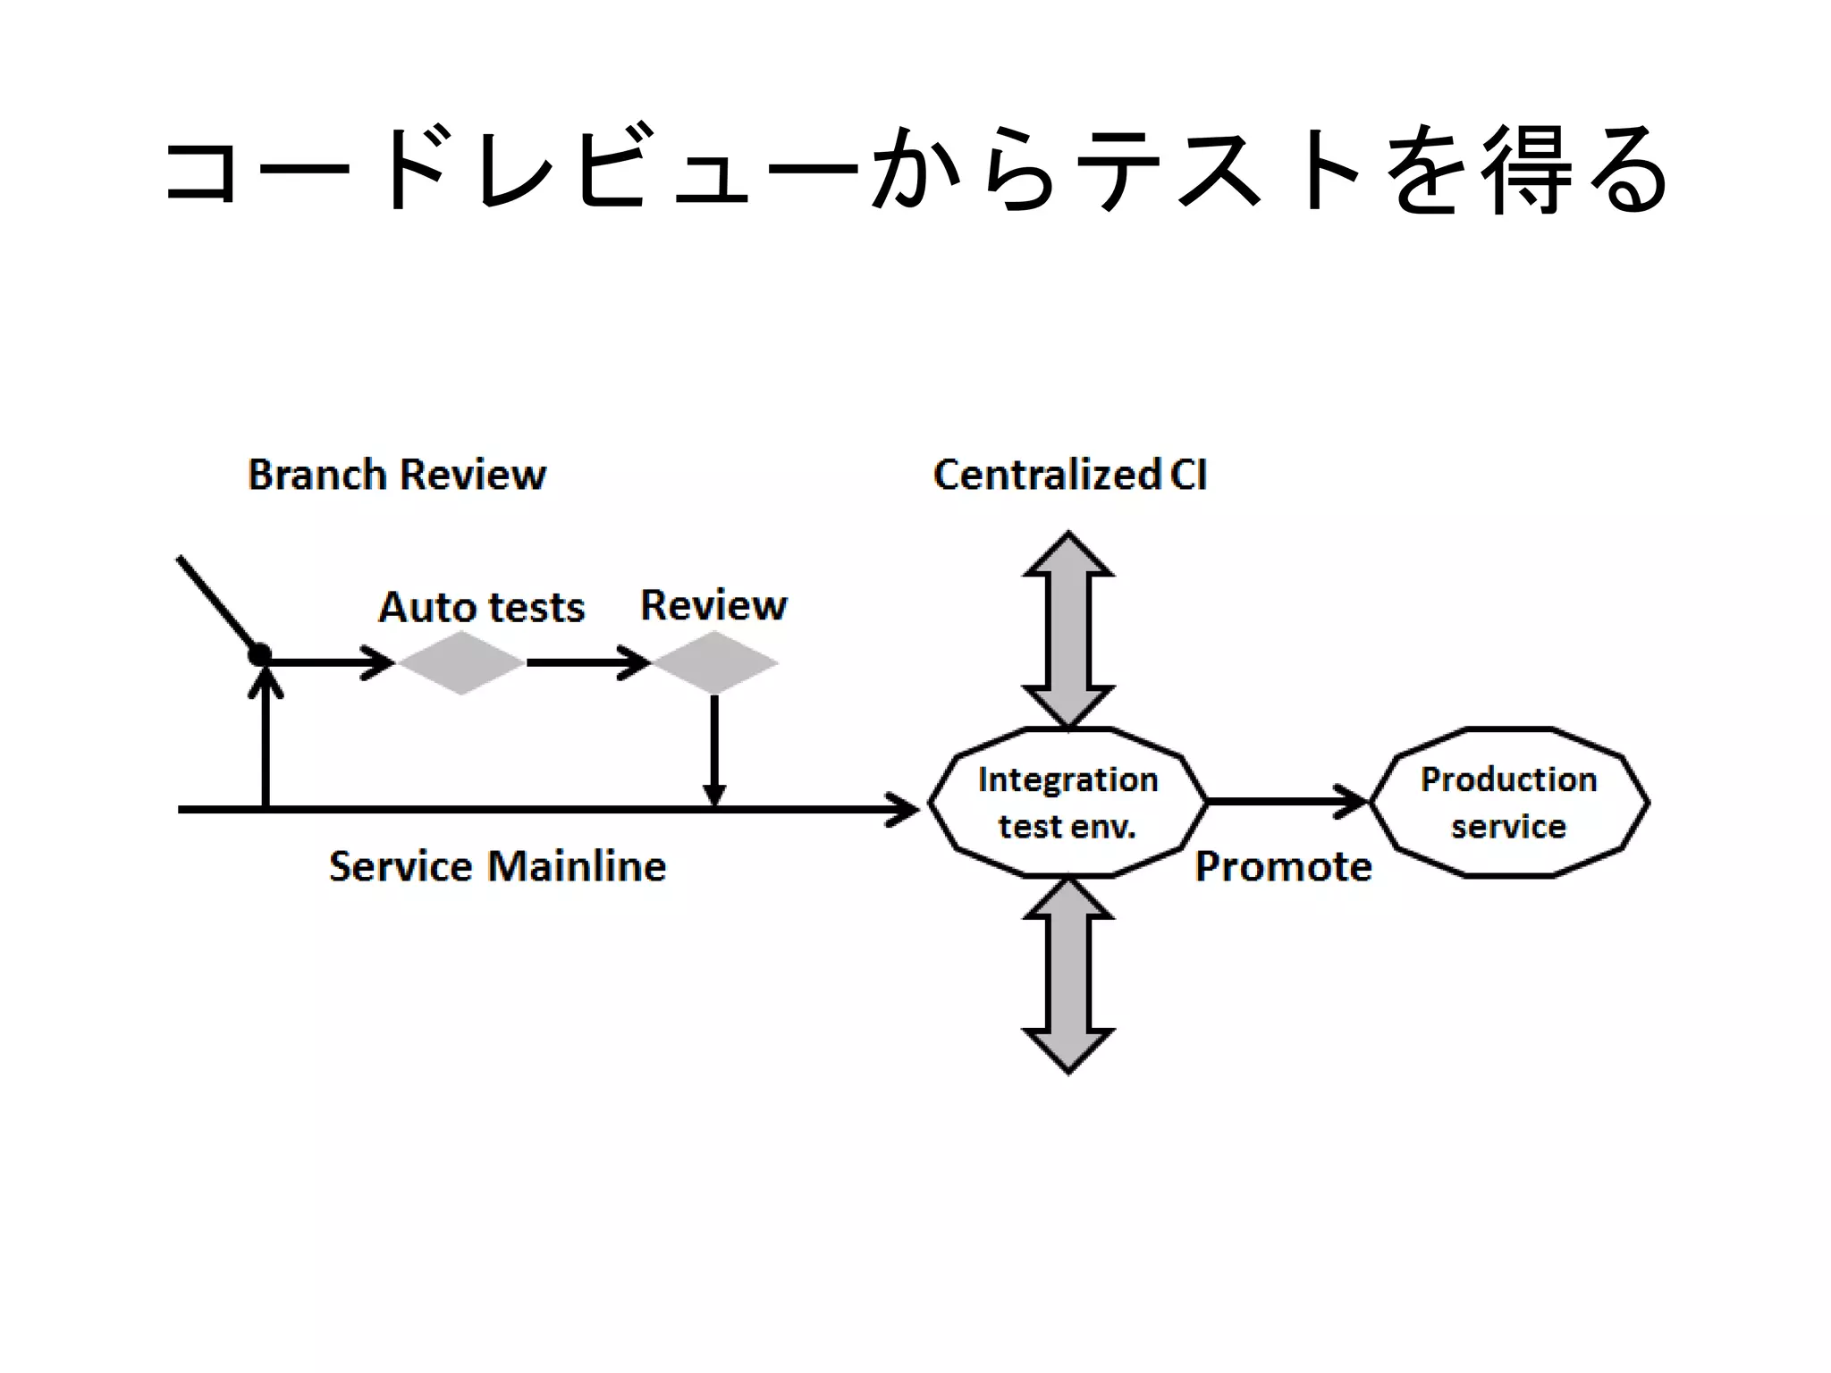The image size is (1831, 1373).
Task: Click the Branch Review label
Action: pyautogui.click(x=396, y=475)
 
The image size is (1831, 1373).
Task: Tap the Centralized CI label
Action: pyautogui.click(x=1070, y=475)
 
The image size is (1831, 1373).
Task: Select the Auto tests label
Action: pyautogui.click(x=481, y=608)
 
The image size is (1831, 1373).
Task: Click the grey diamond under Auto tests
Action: pyautogui.click(x=460, y=662)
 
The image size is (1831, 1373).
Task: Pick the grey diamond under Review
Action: pyautogui.click(x=714, y=662)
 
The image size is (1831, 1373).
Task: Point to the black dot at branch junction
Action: pyautogui.click(x=259, y=655)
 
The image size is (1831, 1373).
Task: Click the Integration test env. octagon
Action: pyautogui.click(x=1067, y=802)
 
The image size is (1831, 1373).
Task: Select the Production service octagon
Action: pyautogui.click(x=1508, y=802)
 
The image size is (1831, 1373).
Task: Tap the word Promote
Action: pyautogui.click(x=1283, y=866)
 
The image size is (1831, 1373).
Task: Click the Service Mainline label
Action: pyautogui.click(x=497, y=866)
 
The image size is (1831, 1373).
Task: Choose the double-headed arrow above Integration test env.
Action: pyautogui.click(x=1068, y=630)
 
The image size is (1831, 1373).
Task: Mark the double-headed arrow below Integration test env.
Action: pyautogui.click(x=1068, y=974)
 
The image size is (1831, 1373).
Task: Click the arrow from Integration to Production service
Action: pyautogui.click(x=1287, y=801)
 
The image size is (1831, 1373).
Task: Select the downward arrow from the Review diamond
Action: pyautogui.click(x=713, y=751)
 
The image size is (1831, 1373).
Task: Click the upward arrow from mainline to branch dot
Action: pyautogui.click(x=266, y=742)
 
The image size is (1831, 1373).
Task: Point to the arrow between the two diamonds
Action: pyautogui.click(x=586, y=662)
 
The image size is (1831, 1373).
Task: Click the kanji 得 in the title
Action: pyautogui.click(x=1527, y=170)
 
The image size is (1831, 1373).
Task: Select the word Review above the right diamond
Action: pyautogui.click(x=713, y=605)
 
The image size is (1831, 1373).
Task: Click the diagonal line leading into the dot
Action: pyautogui.click(x=217, y=603)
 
